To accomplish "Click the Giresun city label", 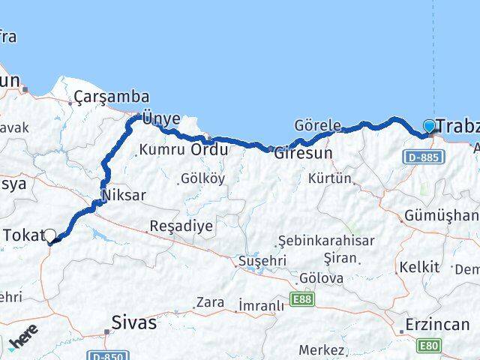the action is click(302, 153).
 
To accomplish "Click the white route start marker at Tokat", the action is click(50, 236).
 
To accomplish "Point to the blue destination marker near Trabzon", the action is click(429, 126).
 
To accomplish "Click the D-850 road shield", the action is click(107, 355).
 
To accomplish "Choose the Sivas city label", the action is click(133, 323).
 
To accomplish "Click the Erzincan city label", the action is click(436, 325).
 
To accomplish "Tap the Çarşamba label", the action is click(111, 97).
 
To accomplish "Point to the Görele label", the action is click(318, 125).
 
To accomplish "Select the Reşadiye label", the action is click(181, 225).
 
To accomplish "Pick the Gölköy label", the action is click(202, 178).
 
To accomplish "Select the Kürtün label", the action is click(329, 178).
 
